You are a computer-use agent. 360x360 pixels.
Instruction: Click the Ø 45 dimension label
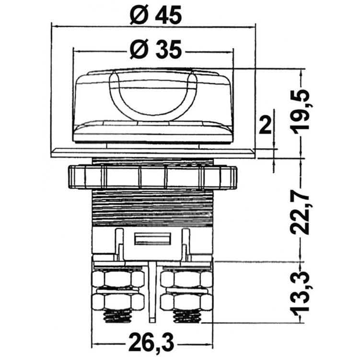tap(155, 15)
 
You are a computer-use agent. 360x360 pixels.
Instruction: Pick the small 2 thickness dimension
tap(265, 125)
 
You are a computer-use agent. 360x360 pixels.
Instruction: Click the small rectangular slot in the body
tap(153, 239)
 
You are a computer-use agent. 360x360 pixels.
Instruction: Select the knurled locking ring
tap(152, 177)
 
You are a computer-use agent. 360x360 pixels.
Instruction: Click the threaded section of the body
tap(152, 208)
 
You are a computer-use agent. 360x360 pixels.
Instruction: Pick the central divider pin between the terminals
tap(152, 292)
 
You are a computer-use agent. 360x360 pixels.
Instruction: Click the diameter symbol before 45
tap(139, 15)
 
